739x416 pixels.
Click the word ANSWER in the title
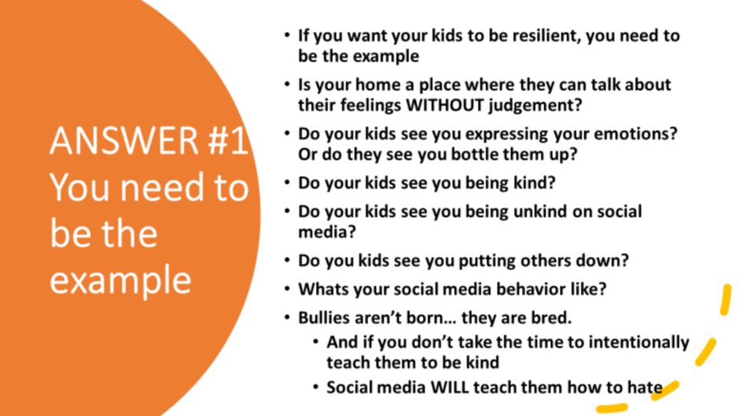point(124,141)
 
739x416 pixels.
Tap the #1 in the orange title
point(228,141)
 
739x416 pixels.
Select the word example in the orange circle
point(120,281)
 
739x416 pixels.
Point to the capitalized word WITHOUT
point(445,105)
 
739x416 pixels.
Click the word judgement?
point(535,105)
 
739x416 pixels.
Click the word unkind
point(540,212)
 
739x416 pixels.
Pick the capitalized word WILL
point(450,388)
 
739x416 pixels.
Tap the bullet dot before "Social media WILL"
point(316,388)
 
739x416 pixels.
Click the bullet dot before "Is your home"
point(288,84)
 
